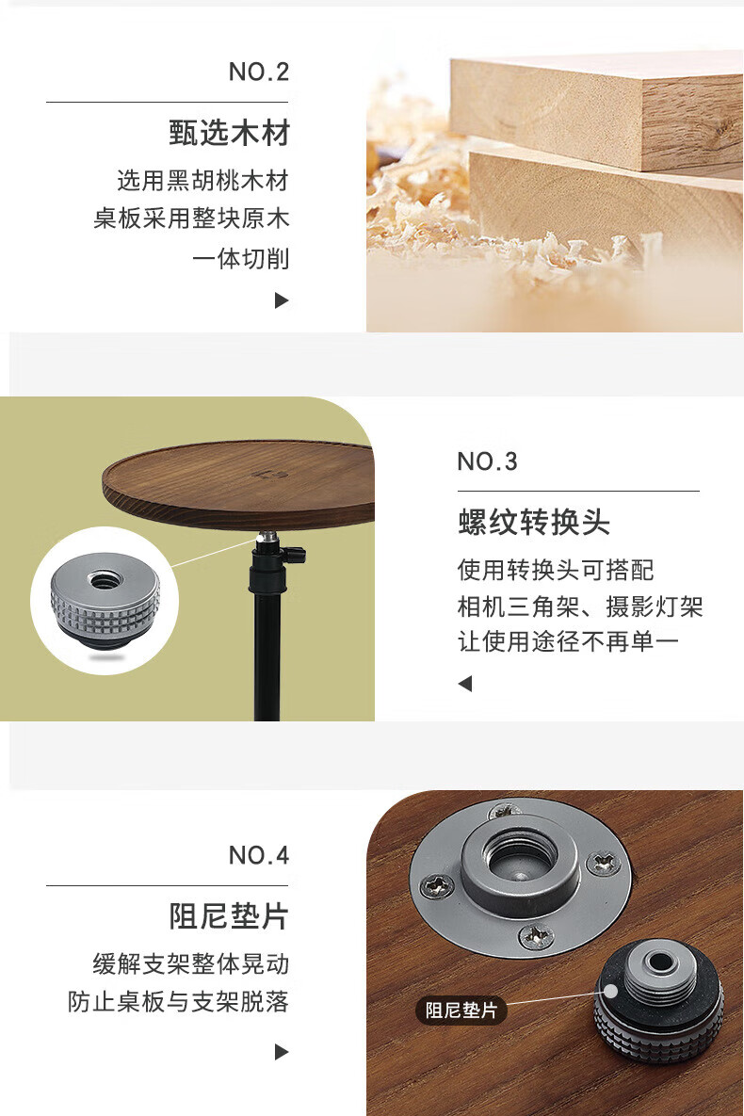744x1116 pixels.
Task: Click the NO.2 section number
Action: point(258,72)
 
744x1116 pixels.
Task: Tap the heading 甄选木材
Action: point(229,133)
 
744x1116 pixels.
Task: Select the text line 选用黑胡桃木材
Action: point(202,181)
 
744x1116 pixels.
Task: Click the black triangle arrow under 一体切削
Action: point(282,300)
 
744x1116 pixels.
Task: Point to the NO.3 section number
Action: point(487,461)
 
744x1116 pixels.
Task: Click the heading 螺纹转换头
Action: point(534,523)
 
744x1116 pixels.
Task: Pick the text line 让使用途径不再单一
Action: point(568,641)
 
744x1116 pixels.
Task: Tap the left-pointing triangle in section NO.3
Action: point(465,684)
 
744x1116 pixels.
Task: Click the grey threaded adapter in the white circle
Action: point(105,600)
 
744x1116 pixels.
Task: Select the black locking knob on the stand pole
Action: point(294,553)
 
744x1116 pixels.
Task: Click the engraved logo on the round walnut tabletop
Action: point(263,472)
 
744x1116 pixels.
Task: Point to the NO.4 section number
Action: point(258,855)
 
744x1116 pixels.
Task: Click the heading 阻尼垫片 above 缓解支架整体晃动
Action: point(229,916)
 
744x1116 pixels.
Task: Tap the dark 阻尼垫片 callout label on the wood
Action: point(461,1010)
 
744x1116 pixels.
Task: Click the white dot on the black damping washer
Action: point(609,991)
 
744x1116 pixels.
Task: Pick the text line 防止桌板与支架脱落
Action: point(178,1001)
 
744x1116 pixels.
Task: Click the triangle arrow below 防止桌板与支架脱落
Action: point(282,1051)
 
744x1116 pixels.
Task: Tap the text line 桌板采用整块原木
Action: point(191,218)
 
